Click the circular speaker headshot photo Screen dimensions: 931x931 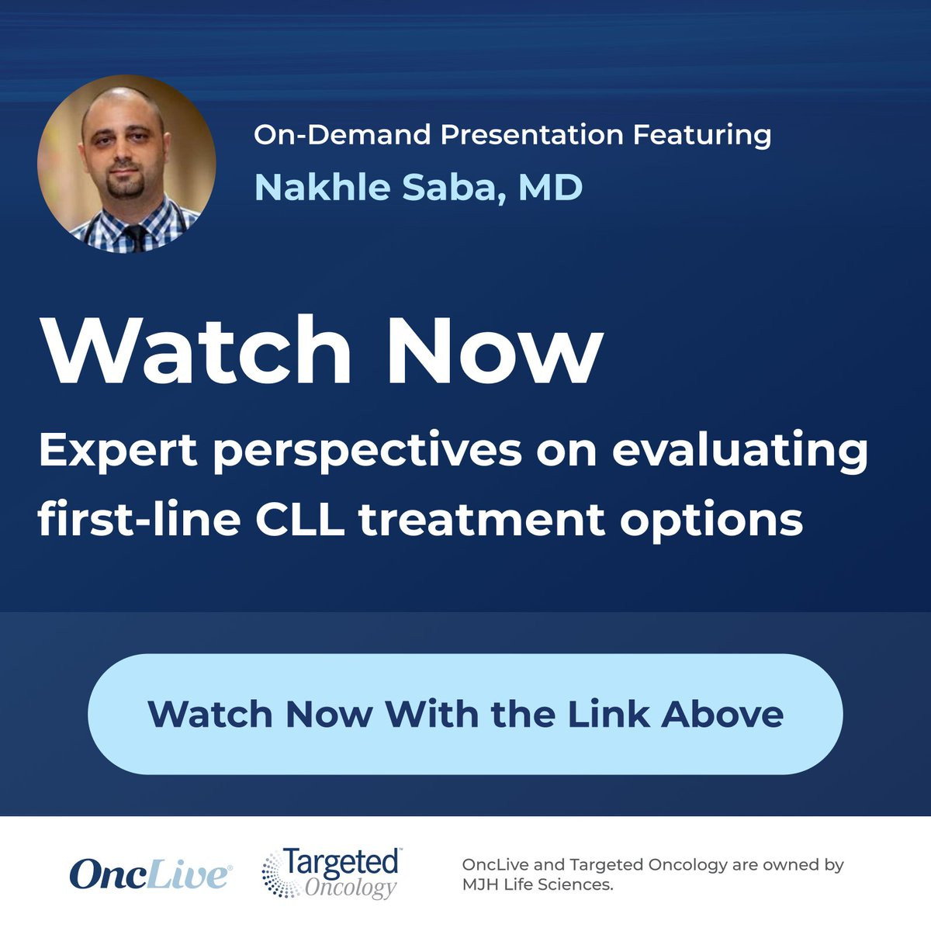[126, 164]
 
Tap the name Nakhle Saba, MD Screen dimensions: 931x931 [418, 188]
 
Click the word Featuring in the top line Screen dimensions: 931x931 [702, 136]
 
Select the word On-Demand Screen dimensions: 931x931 [342, 134]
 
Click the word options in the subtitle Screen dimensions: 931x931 [711, 523]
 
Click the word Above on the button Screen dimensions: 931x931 [722, 714]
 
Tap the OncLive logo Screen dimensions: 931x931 [151, 874]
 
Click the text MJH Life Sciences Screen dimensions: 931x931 [537, 885]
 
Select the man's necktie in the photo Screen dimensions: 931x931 [136, 237]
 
